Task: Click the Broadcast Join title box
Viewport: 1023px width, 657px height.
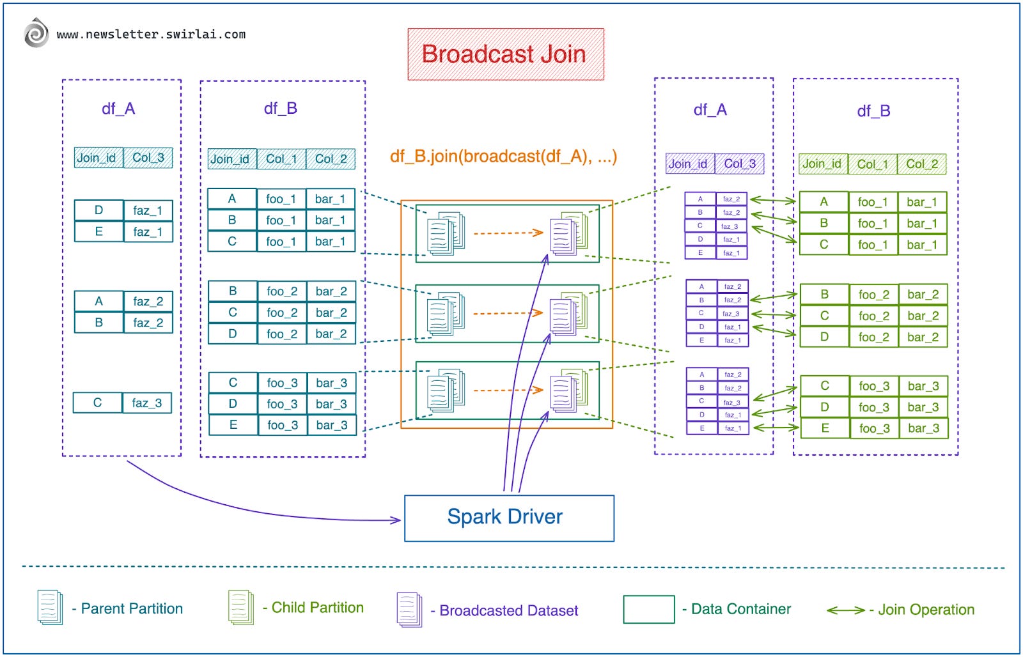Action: [505, 54]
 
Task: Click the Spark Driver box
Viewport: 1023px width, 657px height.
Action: [509, 518]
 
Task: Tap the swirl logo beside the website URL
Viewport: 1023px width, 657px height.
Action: [36, 33]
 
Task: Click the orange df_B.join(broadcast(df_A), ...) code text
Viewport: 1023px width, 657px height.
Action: [503, 157]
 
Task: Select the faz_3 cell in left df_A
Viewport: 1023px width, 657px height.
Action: [147, 403]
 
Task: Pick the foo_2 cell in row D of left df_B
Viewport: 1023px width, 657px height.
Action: [282, 334]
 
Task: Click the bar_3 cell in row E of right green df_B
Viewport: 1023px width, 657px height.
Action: [923, 428]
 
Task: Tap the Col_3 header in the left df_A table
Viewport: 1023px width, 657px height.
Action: [148, 158]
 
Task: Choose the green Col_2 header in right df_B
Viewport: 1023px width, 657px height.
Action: [921, 164]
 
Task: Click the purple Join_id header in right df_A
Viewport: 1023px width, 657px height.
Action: [689, 164]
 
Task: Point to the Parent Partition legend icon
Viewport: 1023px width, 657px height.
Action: [50, 607]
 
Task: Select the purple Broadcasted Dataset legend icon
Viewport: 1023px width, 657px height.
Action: [409, 609]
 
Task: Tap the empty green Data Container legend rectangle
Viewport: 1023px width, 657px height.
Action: [648, 609]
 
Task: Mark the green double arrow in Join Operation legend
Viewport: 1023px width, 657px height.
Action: [845, 610]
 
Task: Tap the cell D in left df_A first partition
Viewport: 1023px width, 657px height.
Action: [98, 210]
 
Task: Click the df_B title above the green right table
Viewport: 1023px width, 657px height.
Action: [873, 111]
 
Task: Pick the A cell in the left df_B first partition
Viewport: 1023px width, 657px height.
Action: [232, 199]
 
